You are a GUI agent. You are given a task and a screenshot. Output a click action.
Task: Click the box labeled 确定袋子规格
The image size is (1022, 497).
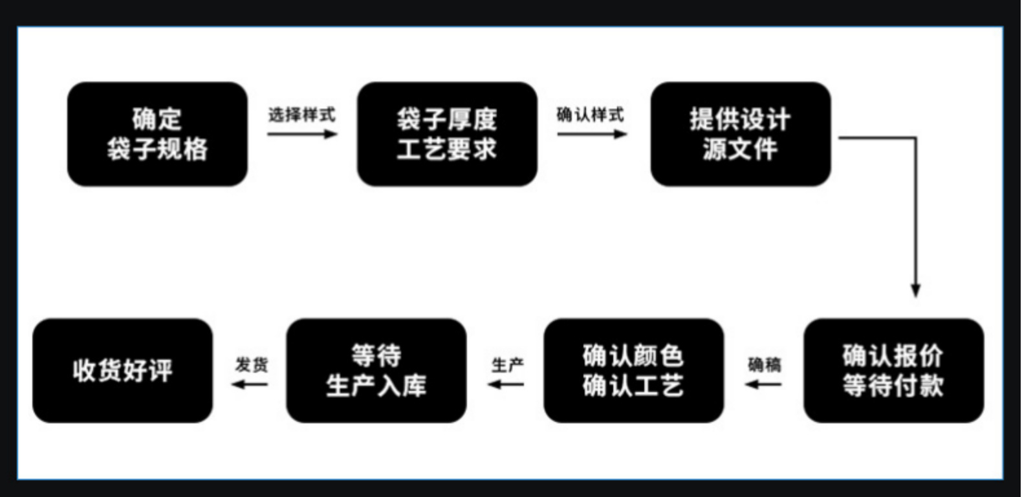click(x=157, y=134)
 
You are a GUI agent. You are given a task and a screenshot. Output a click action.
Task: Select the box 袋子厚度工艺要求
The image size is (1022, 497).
click(x=447, y=134)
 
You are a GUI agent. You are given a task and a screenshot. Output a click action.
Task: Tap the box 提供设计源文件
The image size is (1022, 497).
click(x=740, y=134)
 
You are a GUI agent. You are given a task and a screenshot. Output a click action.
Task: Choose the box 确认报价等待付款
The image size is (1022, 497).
click(x=893, y=370)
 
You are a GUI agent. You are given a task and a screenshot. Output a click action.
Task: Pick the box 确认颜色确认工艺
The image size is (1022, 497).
click(x=633, y=370)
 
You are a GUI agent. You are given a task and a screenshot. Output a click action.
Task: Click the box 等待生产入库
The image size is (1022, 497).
click(x=376, y=370)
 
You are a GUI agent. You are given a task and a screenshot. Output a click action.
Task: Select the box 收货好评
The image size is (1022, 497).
click(x=123, y=370)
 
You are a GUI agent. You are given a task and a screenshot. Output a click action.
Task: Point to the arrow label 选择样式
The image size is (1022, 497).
click(x=302, y=115)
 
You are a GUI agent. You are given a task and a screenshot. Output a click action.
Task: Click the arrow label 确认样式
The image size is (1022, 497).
click(x=591, y=115)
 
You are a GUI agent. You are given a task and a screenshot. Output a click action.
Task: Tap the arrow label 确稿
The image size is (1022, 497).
click(x=764, y=365)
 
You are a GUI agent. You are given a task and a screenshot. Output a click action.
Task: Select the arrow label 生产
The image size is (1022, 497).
click(x=507, y=365)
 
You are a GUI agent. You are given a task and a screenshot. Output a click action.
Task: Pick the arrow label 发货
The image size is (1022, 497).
click(x=251, y=365)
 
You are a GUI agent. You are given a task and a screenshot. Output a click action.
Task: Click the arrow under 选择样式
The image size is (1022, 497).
click(x=302, y=134)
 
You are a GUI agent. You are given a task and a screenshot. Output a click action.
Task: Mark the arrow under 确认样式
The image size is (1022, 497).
click(x=592, y=134)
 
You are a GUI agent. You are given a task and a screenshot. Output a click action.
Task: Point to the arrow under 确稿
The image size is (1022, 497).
click(x=763, y=384)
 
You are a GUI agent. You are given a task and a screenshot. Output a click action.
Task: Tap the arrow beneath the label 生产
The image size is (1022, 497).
click(x=506, y=384)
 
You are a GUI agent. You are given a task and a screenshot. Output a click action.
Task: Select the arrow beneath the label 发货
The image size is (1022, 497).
click(x=250, y=384)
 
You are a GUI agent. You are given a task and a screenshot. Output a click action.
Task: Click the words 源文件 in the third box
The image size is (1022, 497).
click(x=740, y=149)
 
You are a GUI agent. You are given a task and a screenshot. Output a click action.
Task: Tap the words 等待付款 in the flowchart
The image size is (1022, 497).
click(x=893, y=386)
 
